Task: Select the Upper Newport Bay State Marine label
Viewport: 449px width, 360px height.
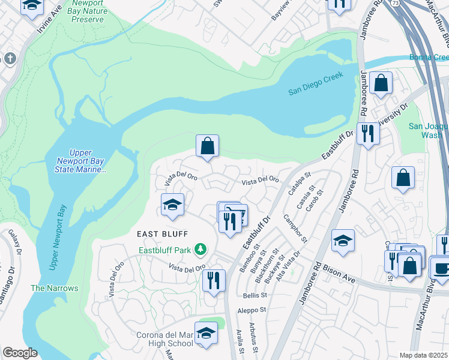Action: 80,161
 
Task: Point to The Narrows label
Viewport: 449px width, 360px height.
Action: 55,288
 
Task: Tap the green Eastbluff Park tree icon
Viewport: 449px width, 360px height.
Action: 204,250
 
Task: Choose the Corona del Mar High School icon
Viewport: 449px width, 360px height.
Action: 206,334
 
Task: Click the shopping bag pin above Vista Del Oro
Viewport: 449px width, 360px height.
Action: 207,146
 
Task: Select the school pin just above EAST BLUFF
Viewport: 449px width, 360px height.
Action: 172,205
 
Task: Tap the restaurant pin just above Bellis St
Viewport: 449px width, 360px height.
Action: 214,280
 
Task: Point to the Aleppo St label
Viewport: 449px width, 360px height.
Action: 251,310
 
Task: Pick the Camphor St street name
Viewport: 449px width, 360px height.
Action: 295,229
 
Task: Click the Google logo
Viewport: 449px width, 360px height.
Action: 20,353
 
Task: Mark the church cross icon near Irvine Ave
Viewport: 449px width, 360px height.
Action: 9,59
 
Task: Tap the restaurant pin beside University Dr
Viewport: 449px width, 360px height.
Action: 368,133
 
